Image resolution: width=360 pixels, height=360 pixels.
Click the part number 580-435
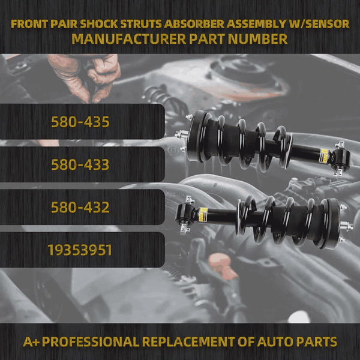(80, 122)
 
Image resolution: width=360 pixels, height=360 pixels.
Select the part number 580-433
(80, 164)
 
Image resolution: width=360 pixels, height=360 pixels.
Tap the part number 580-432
(80, 208)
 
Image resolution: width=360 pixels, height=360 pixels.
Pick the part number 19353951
(80, 250)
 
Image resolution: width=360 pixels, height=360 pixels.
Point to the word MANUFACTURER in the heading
(124, 40)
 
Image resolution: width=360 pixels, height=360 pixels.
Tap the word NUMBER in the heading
(259, 40)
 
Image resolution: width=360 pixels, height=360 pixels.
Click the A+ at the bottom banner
(31, 342)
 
